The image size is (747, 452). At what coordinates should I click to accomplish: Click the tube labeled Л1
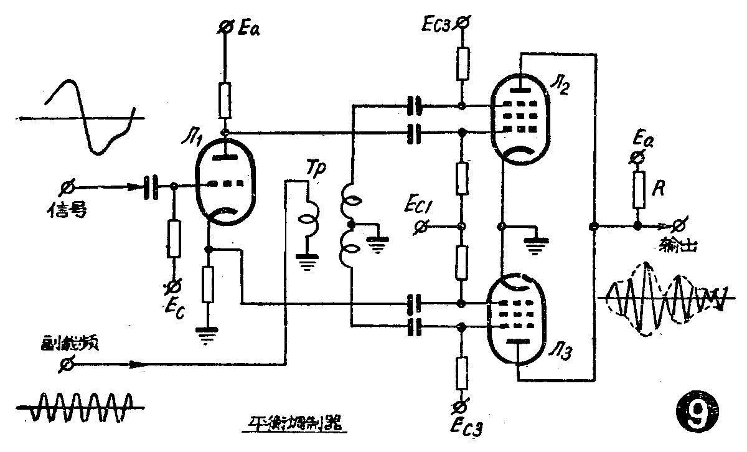222,186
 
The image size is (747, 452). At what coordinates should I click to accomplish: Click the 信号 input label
65,211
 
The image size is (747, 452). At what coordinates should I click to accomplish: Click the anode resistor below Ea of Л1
225,100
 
